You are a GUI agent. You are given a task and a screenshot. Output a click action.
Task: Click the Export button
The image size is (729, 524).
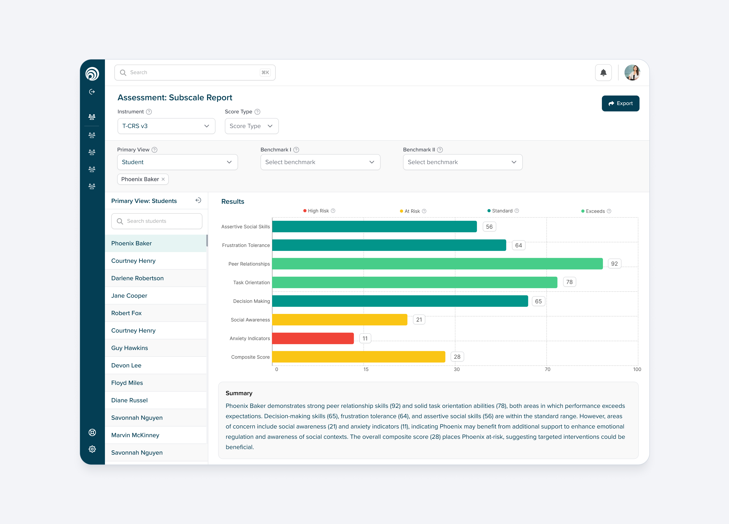tap(620, 104)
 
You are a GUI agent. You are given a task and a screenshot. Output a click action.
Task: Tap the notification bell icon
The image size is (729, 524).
tap(603, 73)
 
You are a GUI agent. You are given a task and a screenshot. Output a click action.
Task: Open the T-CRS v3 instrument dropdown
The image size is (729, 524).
tap(166, 126)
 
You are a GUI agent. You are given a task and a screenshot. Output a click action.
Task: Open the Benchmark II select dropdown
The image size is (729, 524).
tap(462, 162)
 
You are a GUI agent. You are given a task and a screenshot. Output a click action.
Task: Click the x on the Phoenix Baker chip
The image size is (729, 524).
tap(163, 179)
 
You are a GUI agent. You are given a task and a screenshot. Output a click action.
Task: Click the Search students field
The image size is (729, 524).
tap(157, 221)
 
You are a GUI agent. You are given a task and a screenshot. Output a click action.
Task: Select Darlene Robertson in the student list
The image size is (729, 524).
tap(137, 278)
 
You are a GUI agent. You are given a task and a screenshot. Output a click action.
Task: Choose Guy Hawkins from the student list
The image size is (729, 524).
tap(129, 348)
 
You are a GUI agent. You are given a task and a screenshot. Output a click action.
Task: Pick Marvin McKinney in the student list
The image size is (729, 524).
tap(135, 435)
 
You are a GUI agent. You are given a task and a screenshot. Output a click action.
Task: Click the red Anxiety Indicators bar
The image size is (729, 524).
tap(313, 338)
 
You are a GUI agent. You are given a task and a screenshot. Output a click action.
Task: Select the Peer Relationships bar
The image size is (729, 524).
tap(437, 264)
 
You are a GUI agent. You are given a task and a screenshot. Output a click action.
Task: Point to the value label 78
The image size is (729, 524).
tap(569, 282)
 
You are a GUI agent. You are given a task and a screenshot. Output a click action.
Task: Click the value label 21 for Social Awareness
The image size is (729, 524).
tap(419, 320)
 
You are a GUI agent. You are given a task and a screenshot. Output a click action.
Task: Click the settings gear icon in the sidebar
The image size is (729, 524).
tap(92, 449)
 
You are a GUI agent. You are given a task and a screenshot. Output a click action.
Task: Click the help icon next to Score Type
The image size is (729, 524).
tap(257, 112)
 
